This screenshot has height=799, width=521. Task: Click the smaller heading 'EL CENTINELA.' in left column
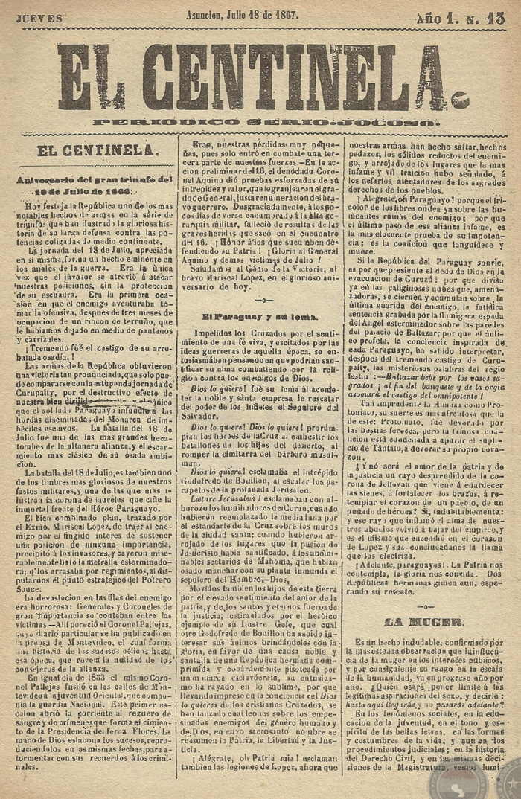[97, 150]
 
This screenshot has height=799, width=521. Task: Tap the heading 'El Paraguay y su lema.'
[260, 316]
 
